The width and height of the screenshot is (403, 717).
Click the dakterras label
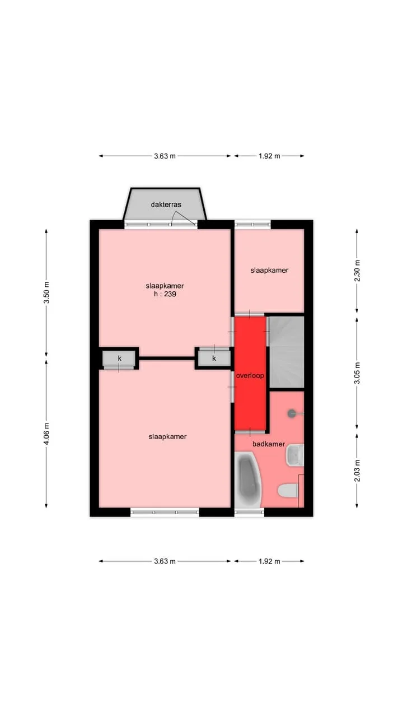(x=166, y=204)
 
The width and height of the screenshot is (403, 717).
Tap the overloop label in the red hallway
(x=250, y=375)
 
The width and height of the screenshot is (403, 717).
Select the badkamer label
(x=269, y=444)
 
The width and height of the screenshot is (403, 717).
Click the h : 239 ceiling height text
(x=165, y=294)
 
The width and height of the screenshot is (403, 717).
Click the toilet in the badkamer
(x=288, y=491)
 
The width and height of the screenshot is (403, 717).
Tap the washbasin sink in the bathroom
(x=294, y=455)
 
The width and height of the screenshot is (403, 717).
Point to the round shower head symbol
(x=292, y=413)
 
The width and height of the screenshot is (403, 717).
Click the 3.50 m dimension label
(x=46, y=293)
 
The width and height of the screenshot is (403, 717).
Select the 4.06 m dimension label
(x=46, y=434)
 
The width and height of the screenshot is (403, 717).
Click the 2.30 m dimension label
(x=357, y=271)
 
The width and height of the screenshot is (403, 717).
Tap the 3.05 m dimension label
(x=357, y=373)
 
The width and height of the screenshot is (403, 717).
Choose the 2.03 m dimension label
(x=357, y=471)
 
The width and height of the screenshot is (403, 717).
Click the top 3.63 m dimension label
(x=165, y=156)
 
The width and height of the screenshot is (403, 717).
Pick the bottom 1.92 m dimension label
(x=269, y=561)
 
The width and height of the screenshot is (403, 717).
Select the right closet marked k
(x=214, y=358)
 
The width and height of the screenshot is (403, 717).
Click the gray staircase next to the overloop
(x=285, y=352)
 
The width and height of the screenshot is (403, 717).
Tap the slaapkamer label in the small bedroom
(x=269, y=271)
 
